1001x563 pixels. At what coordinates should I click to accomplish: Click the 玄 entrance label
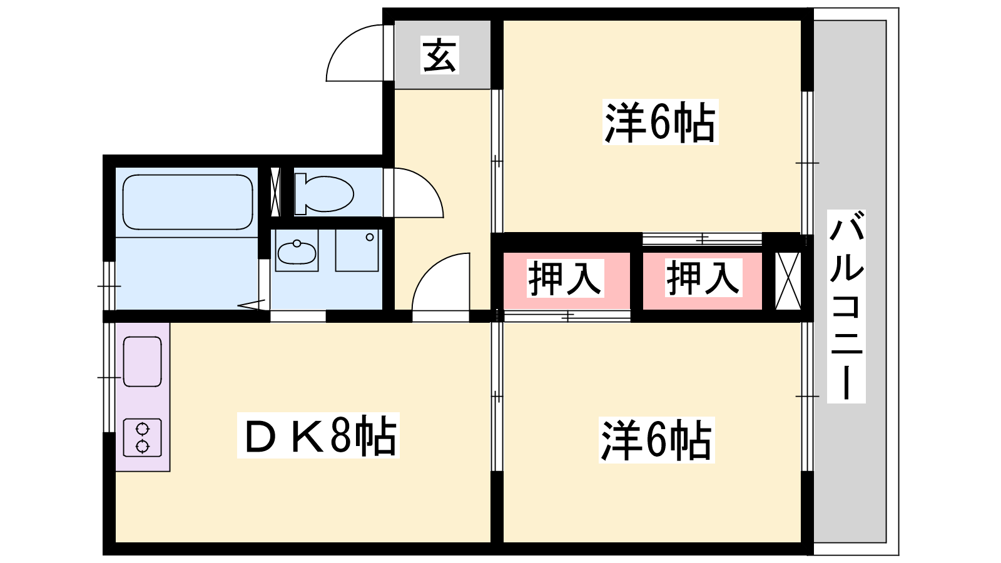[x=440, y=56]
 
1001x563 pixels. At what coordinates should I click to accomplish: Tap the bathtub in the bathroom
[x=188, y=202]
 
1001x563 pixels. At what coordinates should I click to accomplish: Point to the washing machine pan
[x=357, y=250]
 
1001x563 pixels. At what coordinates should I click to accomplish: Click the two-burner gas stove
[x=143, y=437]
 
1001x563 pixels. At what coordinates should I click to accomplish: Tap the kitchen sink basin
[x=143, y=362]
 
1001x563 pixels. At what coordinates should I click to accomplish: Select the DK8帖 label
[x=318, y=435]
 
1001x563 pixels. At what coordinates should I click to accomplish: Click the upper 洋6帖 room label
[x=661, y=121]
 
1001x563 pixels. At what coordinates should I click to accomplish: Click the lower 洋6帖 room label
[x=657, y=440]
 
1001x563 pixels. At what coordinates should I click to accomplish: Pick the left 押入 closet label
[x=566, y=278]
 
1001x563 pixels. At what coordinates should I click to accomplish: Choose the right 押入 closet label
[x=703, y=278]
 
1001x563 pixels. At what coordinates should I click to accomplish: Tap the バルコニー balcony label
[x=846, y=307]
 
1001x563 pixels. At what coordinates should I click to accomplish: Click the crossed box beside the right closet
[x=788, y=281]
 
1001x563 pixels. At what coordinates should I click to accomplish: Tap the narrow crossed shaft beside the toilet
[x=275, y=192]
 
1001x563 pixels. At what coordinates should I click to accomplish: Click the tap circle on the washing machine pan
[x=370, y=237]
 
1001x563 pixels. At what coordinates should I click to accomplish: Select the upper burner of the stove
[x=142, y=429]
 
